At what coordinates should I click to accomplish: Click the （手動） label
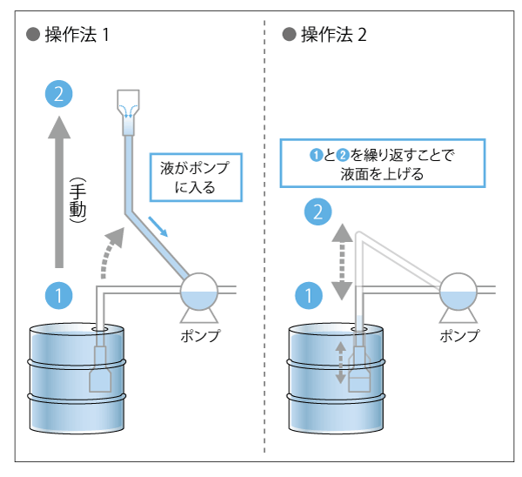77,202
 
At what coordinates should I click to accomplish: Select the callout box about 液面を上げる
383,164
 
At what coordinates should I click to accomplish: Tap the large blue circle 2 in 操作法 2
319,211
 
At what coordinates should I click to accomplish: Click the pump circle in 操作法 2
458,293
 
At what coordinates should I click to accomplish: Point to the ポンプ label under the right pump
459,336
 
